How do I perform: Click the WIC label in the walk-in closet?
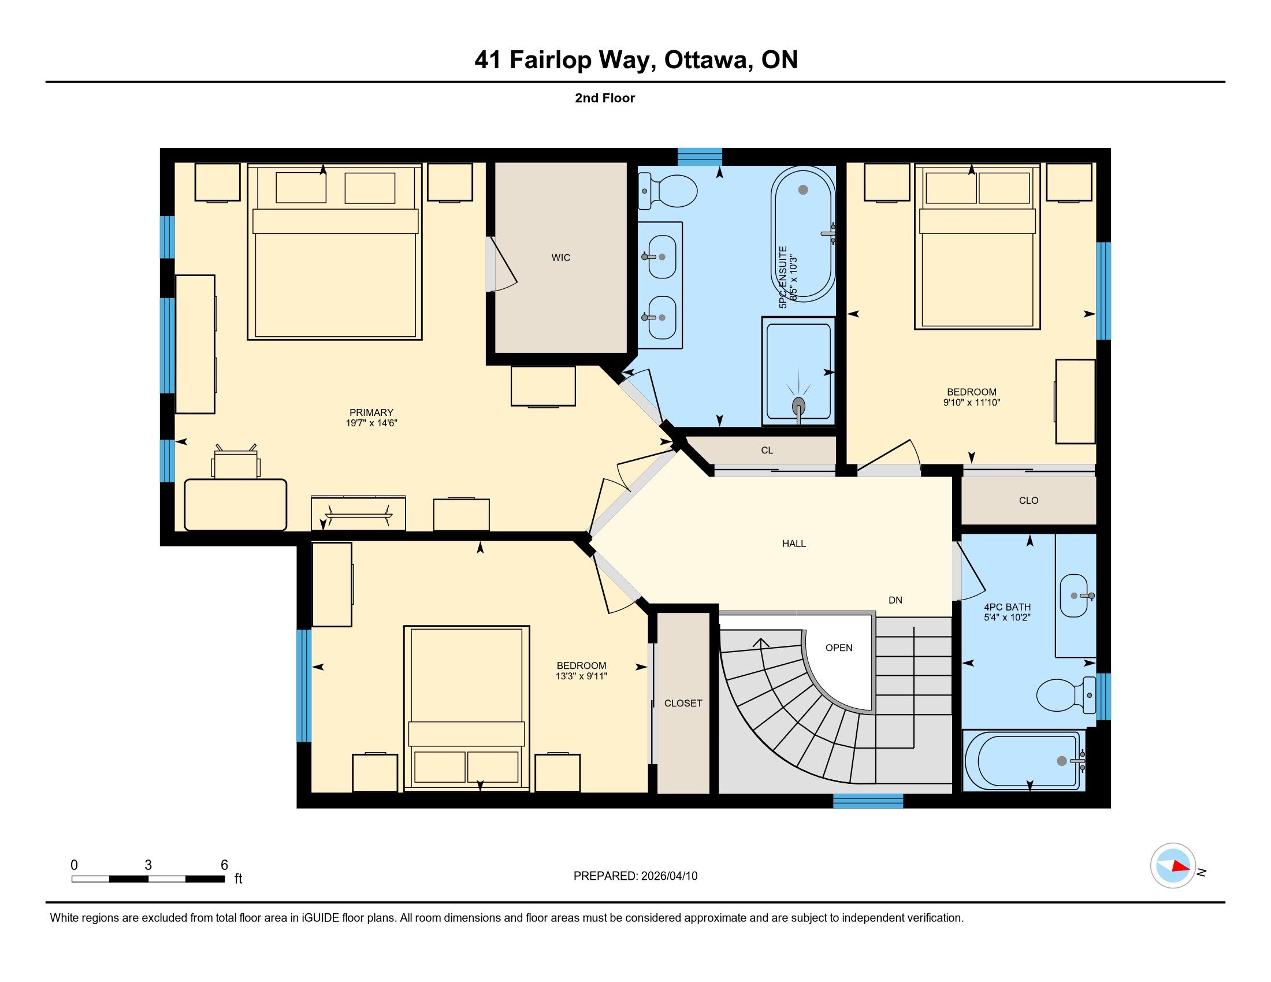click(x=560, y=257)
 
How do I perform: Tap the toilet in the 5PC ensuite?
click(x=667, y=190)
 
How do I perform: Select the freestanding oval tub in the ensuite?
click(x=803, y=234)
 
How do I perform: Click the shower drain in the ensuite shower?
click(x=799, y=405)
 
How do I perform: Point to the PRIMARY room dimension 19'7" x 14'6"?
click(x=371, y=423)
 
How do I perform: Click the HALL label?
click(x=794, y=544)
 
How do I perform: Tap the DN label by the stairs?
click(x=895, y=600)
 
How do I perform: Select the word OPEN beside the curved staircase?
click(x=839, y=648)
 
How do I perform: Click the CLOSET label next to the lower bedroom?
click(x=683, y=704)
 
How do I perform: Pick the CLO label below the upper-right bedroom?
click(x=1028, y=500)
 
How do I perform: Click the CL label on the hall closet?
click(x=767, y=451)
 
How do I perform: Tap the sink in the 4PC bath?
click(x=1075, y=596)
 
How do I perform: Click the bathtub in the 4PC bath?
click(x=1024, y=760)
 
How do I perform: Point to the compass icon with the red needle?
click(x=1173, y=865)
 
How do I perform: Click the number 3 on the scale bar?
click(x=148, y=865)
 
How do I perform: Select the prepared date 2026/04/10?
click(x=668, y=876)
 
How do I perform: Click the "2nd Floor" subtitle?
click(x=605, y=98)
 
